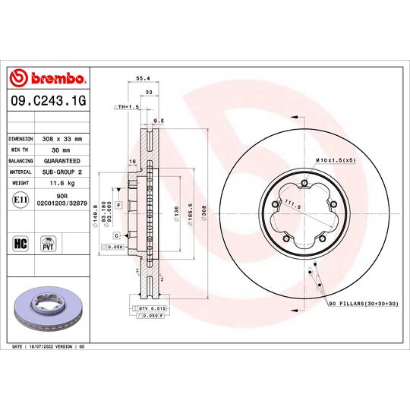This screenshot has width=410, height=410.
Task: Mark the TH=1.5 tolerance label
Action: (x=128, y=107)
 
